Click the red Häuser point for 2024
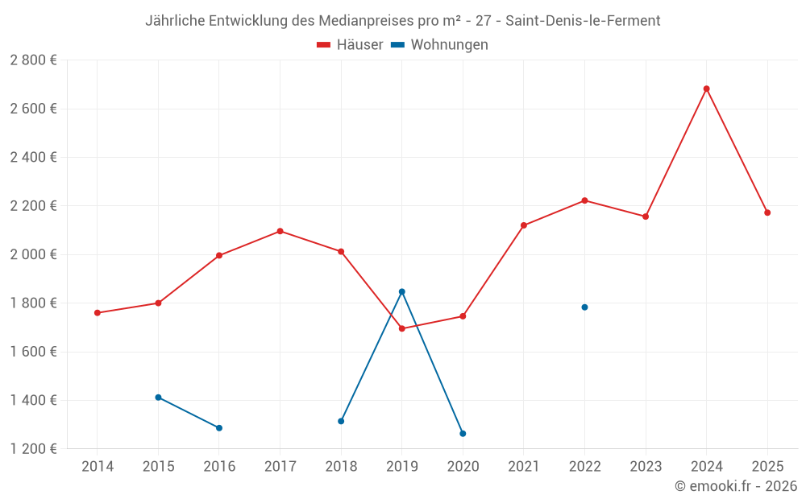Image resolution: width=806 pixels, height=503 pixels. pyautogui.click(x=706, y=89)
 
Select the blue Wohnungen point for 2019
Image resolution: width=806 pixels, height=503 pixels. pyautogui.click(x=401, y=291)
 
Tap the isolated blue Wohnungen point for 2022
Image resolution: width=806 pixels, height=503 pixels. pyautogui.click(x=584, y=307)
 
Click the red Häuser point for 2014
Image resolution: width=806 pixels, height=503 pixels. pyautogui.click(x=98, y=313)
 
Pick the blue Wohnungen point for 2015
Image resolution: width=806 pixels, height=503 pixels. pyautogui.click(x=158, y=398)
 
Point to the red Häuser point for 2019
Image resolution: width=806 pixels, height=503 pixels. pyautogui.click(x=401, y=328)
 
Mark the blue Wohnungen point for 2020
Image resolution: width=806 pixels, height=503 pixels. pyautogui.click(x=463, y=434)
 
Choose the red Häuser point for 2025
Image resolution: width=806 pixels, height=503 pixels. pyautogui.click(x=767, y=212)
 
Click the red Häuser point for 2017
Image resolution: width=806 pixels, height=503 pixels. pyautogui.click(x=280, y=231)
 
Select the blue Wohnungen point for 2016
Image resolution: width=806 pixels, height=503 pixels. pyautogui.click(x=219, y=428)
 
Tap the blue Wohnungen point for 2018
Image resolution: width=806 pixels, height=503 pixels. pyautogui.click(x=341, y=421)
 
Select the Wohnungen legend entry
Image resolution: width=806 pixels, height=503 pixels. pyautogui.click(x=439, y=45)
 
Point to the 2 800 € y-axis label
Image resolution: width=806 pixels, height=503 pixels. pyautogui.click(x=33, y=60)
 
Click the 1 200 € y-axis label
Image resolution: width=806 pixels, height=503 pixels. pyautogui.click(x=33, y=449)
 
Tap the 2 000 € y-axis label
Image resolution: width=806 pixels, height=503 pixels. pyautogui.click(x=33, y=254)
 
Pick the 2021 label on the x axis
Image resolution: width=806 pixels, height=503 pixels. pyautogui.click(x=524, y=467)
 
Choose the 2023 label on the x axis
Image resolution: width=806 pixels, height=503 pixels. pyautogui.click(x=646, y=467)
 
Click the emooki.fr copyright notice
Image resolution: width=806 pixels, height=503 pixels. pyautogui.click(x=735, y=486)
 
